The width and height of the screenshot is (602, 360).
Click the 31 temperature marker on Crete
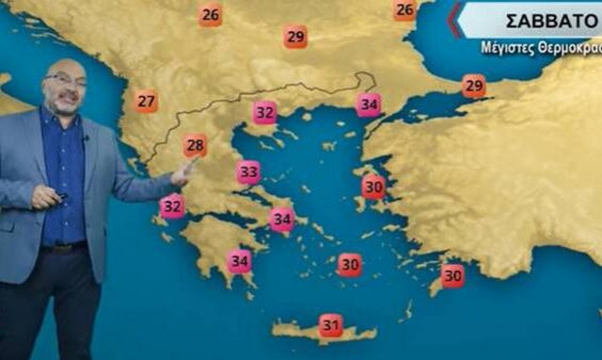pyautogui.click(x=330, y=325)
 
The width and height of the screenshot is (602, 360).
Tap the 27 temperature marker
pyautogui.click(x=146, y=102)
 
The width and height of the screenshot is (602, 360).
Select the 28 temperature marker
pyautogui.click(x=196, y=146)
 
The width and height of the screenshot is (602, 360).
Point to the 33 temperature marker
pyautogui.click(x=248, y=172)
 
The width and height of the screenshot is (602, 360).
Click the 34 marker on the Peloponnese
pyautogui.click(x=240, y=260)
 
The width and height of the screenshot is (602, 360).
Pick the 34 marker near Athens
pyautogui.click(x=281, y=220)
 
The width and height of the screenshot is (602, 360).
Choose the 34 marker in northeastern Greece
pyautogui.click(x=369, y=104)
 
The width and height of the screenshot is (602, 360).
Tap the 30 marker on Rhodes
pyautogui.click(x=452, y=275)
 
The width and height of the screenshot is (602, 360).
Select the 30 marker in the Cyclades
pyautogui.click(x=350, y=265)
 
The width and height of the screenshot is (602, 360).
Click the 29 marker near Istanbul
pyautogui.click(x=474, y=86)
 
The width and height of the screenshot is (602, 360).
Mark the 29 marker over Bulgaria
pyautogui.click(x=295, y=37)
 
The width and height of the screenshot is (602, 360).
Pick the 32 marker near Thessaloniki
pyautogui.click(x=264, y=113)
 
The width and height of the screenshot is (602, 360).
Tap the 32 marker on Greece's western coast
pyautogui.click(x=171, y=206)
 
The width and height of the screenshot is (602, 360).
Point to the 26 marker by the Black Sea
pyautogui.click(x=404, y=10)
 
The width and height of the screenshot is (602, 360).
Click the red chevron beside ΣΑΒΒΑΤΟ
pyautogui.click(x=455, y=20)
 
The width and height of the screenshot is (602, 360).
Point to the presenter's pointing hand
pyautogui.click(x=184, y=171)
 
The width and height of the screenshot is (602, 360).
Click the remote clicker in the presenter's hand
pyautogui.click(x=60, y=196)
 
